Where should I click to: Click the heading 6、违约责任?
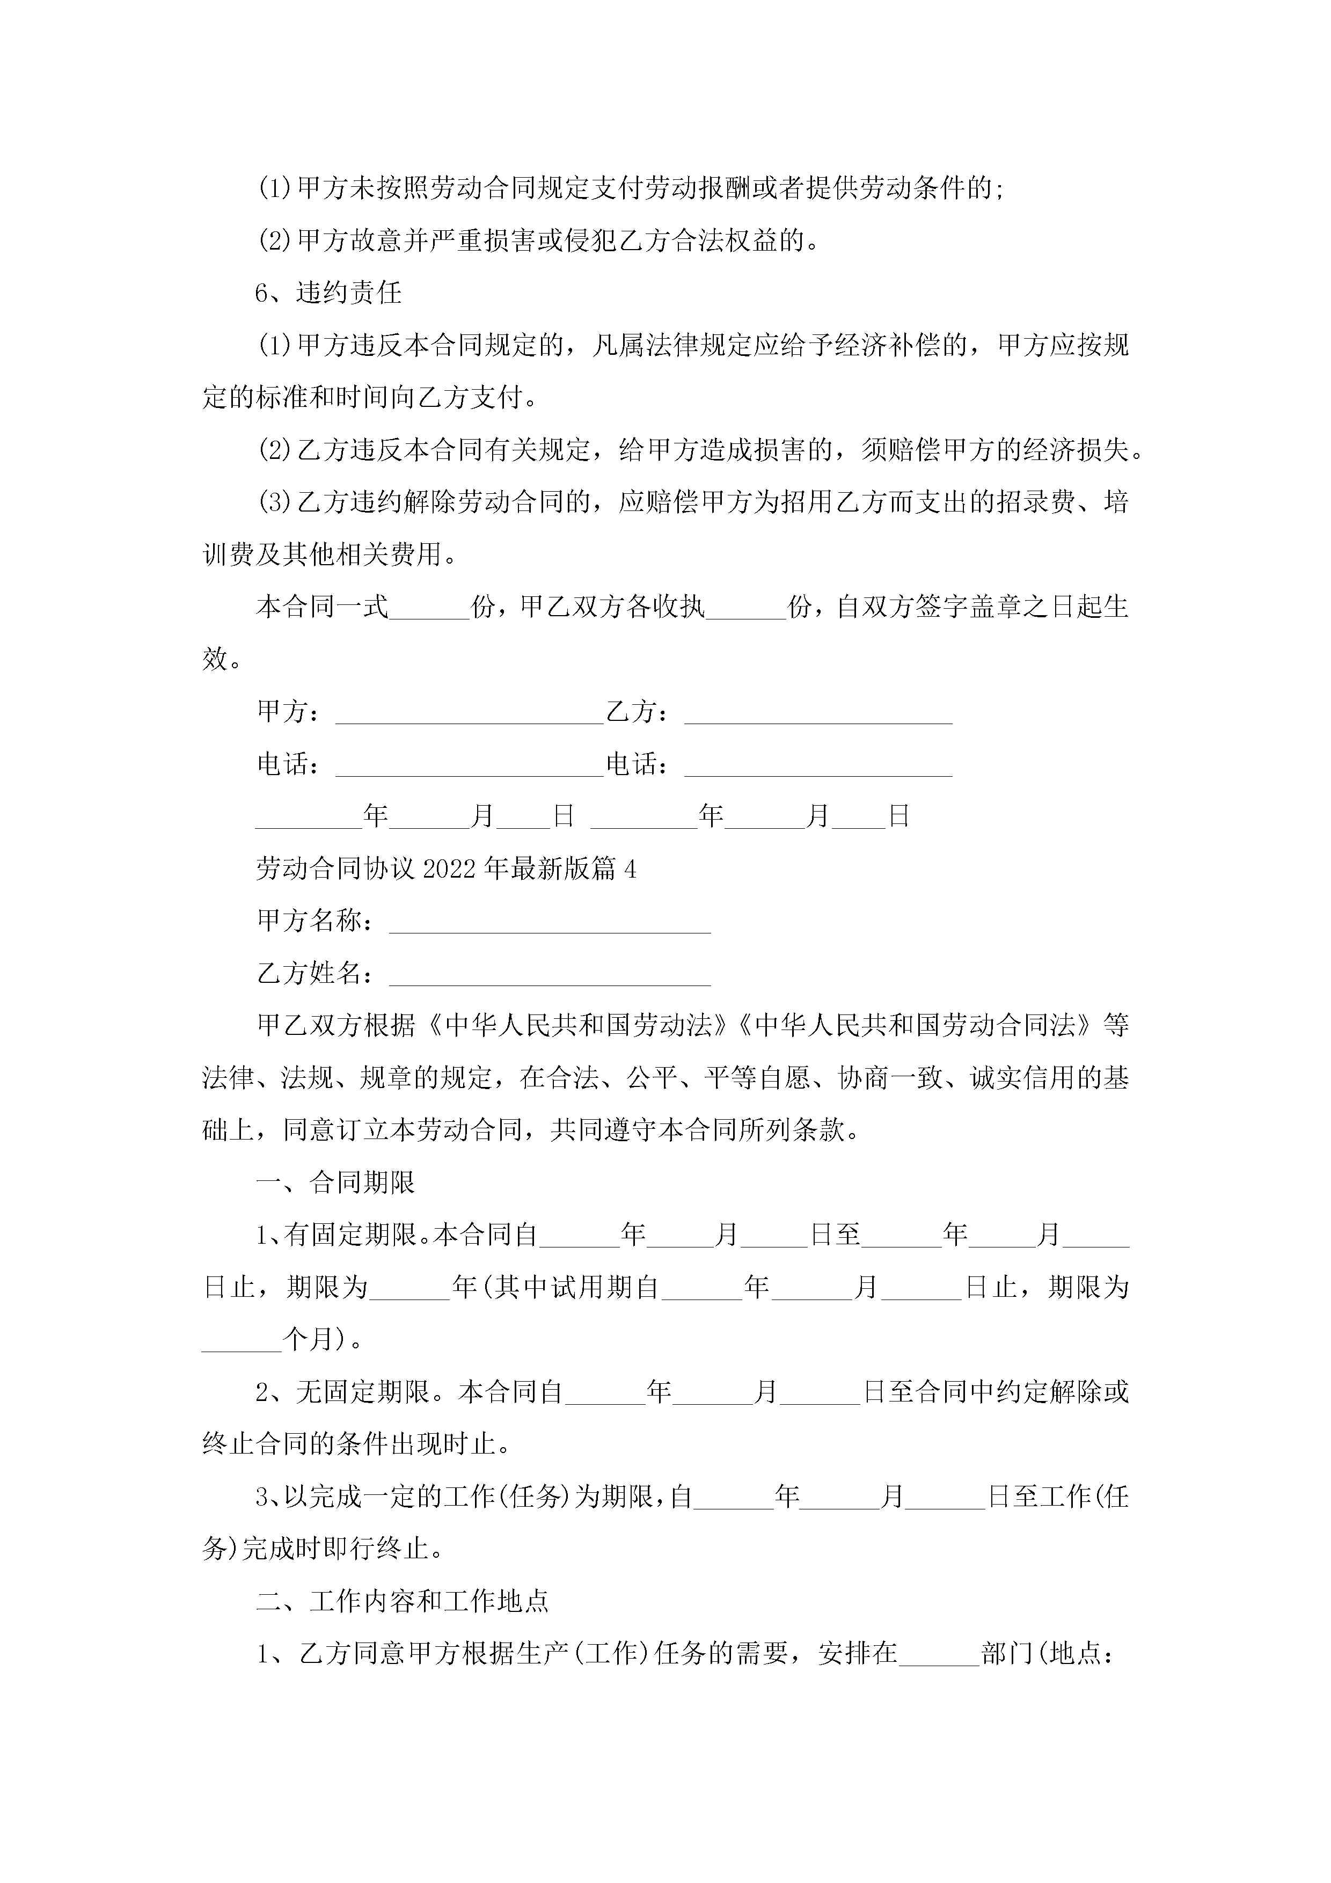point(328,293)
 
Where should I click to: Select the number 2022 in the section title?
point(450,870)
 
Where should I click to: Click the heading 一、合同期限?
point(335,1183)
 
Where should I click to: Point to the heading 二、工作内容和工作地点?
point(402,1601)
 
